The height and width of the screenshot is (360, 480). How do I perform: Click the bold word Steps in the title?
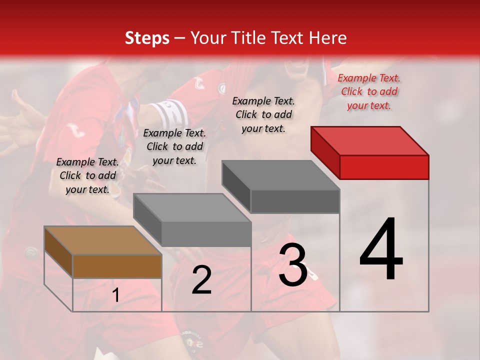tap(147, 38)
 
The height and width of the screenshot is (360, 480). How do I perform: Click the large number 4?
tap(381, 250)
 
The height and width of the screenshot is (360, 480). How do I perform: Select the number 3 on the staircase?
tap(293, 265)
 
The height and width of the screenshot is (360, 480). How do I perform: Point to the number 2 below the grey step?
tap(201, 280)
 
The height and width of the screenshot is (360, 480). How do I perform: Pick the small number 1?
tap(115, 295)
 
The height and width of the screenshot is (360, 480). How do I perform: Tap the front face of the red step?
tap(384, 167)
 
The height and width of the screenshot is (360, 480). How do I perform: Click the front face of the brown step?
tap(117, 266)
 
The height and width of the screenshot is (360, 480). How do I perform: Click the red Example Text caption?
tap(369, 91)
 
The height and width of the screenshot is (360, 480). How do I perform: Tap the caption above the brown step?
tap(87, 175)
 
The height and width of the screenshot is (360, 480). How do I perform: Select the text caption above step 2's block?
tap(174, 146)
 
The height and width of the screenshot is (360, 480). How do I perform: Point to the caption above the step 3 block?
tap(263, 114)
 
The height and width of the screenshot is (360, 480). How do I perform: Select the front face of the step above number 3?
tap(295, 201)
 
